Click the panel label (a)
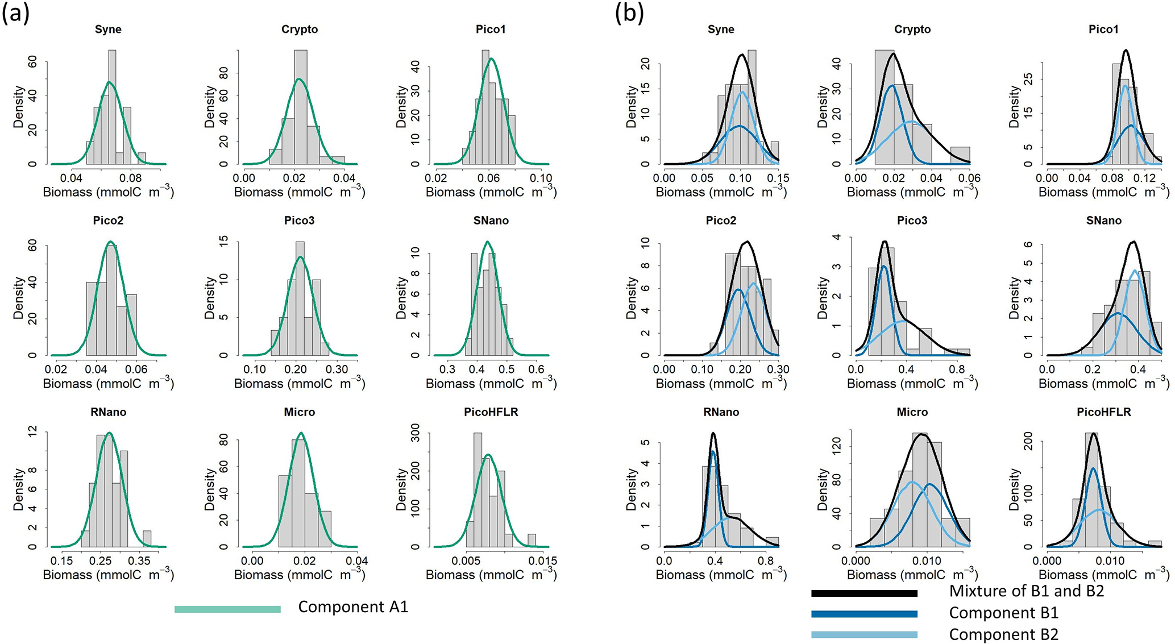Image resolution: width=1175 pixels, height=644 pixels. click(x=15, y=13)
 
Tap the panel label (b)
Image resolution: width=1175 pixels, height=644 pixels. click(x=629, y=13)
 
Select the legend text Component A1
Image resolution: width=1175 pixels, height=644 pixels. click(x=353, y=607)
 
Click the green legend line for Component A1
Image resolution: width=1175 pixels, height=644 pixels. click(x=227, y=609)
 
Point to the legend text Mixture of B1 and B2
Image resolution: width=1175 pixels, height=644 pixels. click(x=1026, y=591)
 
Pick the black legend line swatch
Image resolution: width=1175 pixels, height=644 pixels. click(x=864, y=593)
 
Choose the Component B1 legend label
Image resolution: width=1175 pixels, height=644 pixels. click(x=1003, y=613)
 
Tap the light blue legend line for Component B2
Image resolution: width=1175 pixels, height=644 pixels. click(x=864, y=635)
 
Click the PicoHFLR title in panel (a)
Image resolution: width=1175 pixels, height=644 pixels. click(x=491, y=412)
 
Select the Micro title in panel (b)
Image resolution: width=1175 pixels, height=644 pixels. click(x=912, y=412)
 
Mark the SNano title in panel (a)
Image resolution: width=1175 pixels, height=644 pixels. click(x=491, y=221)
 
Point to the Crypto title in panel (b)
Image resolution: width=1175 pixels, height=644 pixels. click(x=912, y=30)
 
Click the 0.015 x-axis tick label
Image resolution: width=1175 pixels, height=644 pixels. click(x=543, y=561)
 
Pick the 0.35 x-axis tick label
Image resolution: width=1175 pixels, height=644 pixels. click(x=139, y=561)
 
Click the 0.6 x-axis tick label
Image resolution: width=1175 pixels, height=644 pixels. click(x=537, y=369)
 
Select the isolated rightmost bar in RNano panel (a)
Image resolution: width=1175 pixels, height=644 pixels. click(x=147, y=539)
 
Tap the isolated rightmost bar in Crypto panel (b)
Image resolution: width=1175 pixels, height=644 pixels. click(x=960, y=155)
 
